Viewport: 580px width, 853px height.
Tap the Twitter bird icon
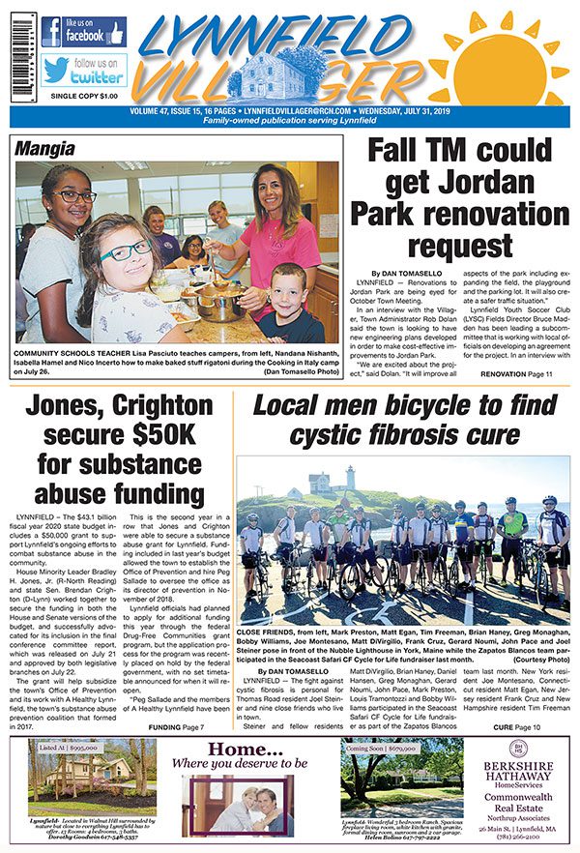tap(55, 70)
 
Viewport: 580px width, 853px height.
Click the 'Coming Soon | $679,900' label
tap(383, 748)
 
